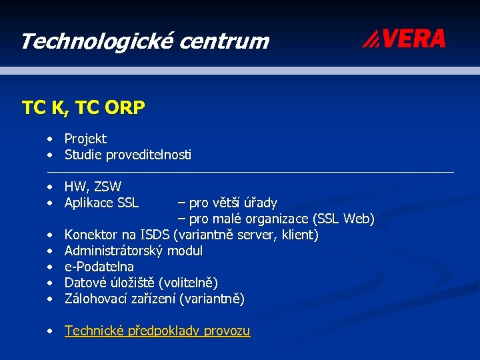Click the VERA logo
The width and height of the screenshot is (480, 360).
point(404,39)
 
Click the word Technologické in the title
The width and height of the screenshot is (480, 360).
point(94,41)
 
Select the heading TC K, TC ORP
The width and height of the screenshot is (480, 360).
point(83,107)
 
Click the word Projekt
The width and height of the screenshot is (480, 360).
point(85,139)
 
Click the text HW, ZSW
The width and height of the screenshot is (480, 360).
point(93,187)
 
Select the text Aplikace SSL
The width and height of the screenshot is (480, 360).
point(101,203)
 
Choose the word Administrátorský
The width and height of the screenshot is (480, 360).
point(114,251)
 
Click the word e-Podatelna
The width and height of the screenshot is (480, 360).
point(99,267)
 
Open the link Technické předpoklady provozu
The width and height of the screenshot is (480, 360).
point(157,331)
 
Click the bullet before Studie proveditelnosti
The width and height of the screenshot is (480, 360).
point(50,155)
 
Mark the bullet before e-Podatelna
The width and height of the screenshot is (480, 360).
point(50,267)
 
